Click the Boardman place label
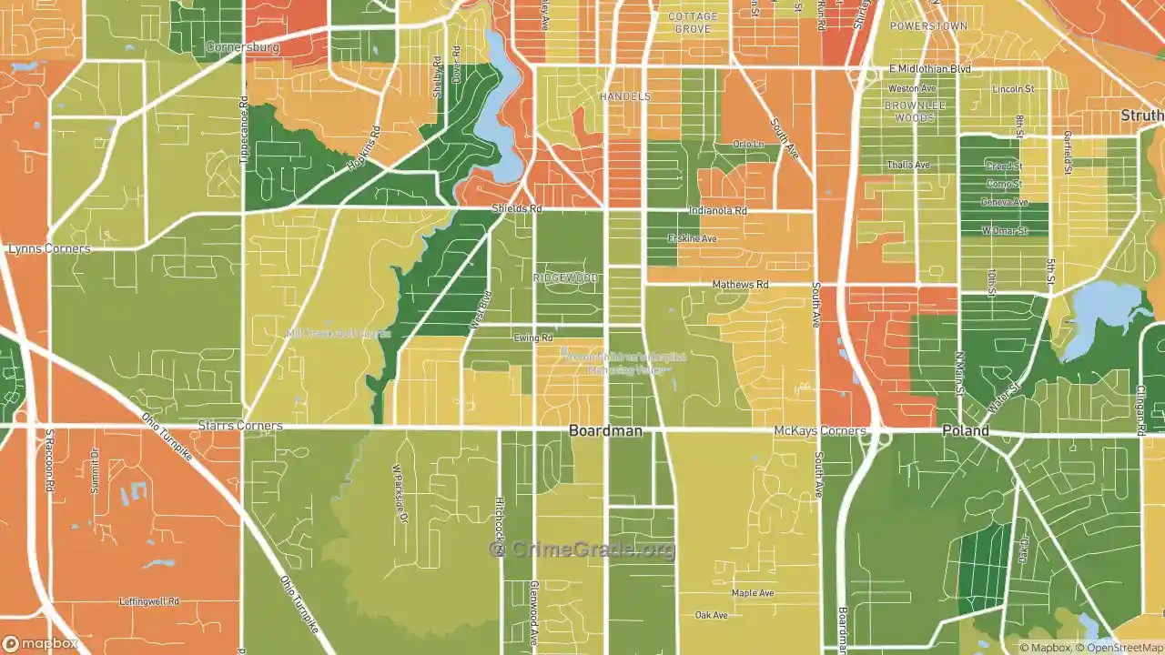(x=605, y=431)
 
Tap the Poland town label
(x=965, y=431)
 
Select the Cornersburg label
(x=242, y=46)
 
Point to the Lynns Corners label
(x=49, y=248)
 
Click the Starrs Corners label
(x=240, y=426)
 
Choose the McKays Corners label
(x=820, y=430)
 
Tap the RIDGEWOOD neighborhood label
(x=566, y=277)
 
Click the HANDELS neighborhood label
(x=624, y=96)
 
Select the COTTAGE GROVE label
(x=693, y=23)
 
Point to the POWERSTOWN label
(x=927, y=26)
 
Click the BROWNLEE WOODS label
(x=915, y=112)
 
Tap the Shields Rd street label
(x=516, y=209)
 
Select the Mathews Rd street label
(x=740, y=285)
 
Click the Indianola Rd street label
(x=717, y=211)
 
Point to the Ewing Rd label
(x=532, y=338)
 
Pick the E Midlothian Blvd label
(x=929, y=69)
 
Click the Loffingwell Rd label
(x=149, y=601)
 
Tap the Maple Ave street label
(x=752, y=593)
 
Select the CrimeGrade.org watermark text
(x=582, y=549)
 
